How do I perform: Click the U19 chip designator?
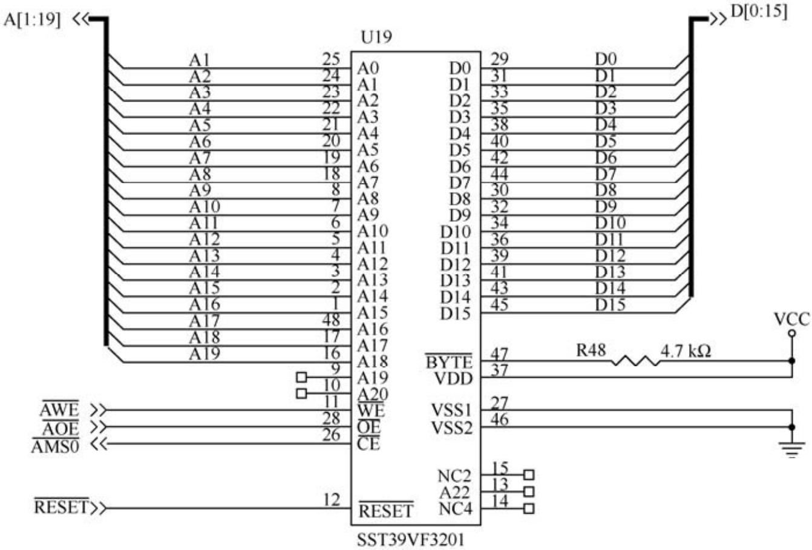376,37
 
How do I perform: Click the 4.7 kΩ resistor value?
685,351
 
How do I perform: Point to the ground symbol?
792,448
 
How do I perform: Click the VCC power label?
792,319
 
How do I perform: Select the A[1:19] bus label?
33,19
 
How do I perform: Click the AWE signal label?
60,410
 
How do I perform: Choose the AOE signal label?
61,429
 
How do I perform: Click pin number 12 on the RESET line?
332,500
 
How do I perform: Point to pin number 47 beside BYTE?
499,354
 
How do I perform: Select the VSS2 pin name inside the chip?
451,428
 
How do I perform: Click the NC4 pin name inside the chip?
454,510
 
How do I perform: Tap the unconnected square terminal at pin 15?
529,475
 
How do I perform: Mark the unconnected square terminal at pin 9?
301,378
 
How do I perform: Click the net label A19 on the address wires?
204,354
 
